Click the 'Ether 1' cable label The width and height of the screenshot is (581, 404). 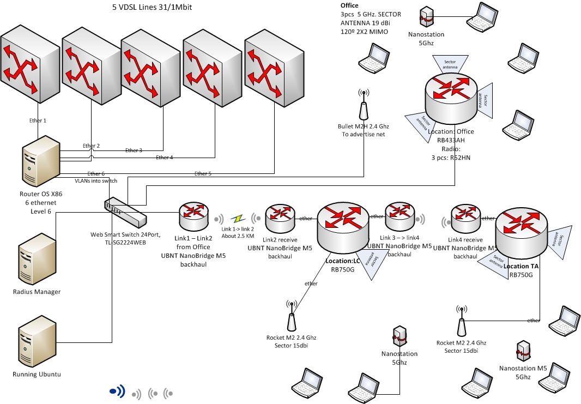click(x=38, y=120)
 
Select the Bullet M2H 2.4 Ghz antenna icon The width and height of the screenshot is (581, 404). click(x=363, y=106)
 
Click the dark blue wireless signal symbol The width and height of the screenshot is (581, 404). click(x=118, y=391)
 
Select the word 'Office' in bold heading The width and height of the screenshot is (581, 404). click(x=349, y=5)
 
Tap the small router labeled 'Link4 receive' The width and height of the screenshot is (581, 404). click(x=465, y=218)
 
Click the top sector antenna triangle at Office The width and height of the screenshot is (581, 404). click(x=450, y=63)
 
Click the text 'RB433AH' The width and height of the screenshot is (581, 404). click(x=451, y=140)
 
